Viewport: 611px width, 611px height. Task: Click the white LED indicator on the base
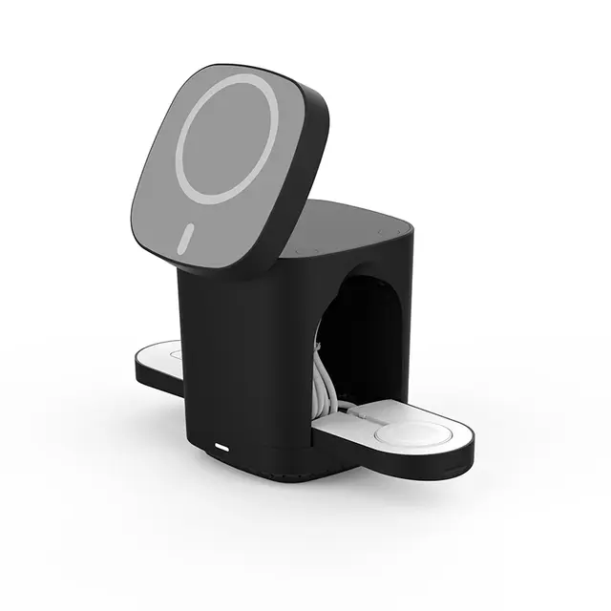coord(223,447)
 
